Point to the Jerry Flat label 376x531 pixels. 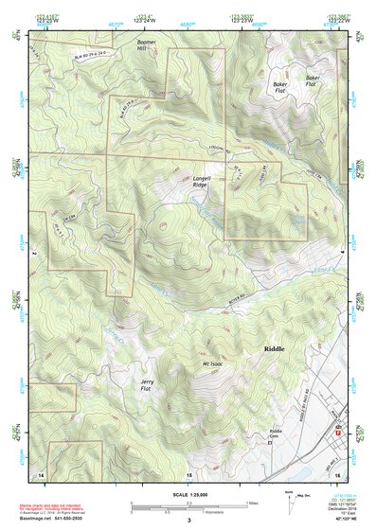146,385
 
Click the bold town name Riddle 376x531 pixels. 268,349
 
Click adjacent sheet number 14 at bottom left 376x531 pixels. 40,472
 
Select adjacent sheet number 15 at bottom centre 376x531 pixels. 188,473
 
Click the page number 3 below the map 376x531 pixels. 188,521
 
